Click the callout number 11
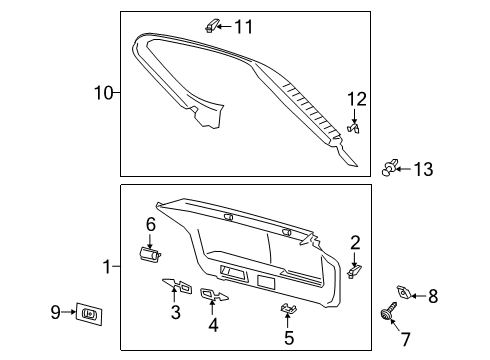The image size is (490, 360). click(244, 26)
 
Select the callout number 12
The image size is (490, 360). click(357, 99)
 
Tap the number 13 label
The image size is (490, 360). click(423, 169)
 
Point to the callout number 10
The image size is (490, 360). click(104, 93)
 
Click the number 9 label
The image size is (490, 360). click(55, 312)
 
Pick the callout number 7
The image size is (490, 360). click(405, 339)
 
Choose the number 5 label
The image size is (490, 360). click(289, 337)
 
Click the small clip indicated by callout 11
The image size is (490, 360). click(211, 26)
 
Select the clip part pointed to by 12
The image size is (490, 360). click(354, 128)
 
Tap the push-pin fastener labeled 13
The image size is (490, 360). click(389, 168)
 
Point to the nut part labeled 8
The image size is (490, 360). click(404, 292)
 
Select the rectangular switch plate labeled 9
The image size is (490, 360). click(89, 314)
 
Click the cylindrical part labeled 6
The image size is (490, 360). click(149, 254)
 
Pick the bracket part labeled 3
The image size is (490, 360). click(178, 285)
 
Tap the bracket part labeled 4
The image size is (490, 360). click(214, 295)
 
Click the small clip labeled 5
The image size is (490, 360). click(289, 309)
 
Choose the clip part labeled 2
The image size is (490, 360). click(354, 271)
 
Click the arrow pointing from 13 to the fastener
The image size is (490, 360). click(404, 169)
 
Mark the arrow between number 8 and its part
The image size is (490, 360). click(419, 296)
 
